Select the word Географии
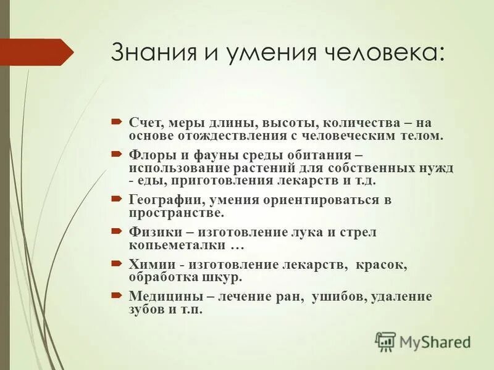pyautogui.click(x=166, y=200)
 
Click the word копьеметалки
pyautogui.click(x=175, y=245)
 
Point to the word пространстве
pyautogui.click(x=176, y=213)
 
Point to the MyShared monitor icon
pyautogui.click(x=386, y=341)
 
